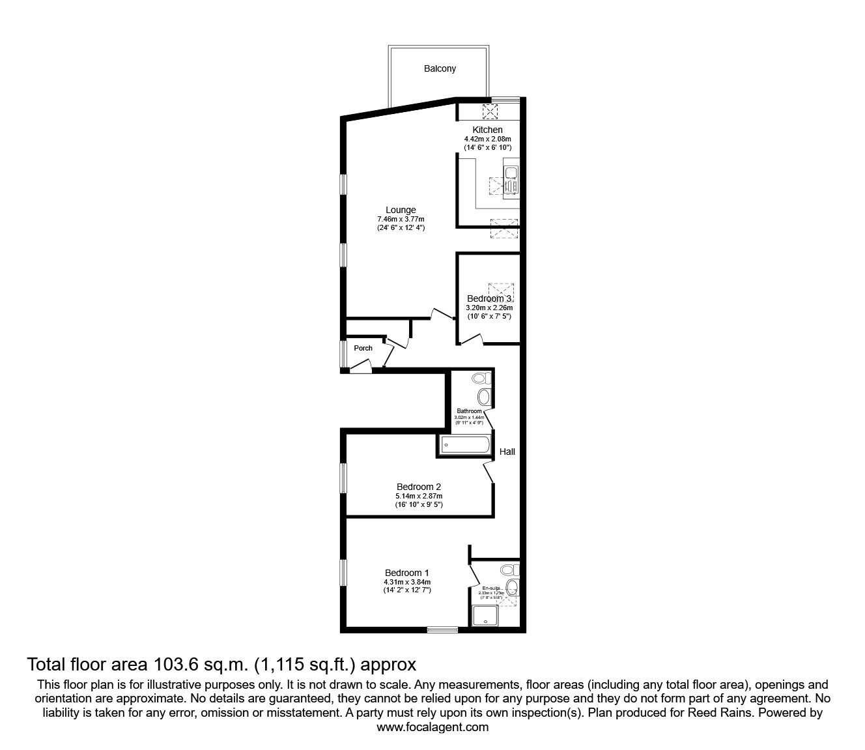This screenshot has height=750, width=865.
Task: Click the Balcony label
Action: (x=440, y=68)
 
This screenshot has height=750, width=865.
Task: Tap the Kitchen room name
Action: (x=487, y=130)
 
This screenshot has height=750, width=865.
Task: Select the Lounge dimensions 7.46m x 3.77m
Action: (x=401, y=219)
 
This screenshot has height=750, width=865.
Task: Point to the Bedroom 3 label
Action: (x=489, y=298)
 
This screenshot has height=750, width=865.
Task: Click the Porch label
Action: (x=363, y=348)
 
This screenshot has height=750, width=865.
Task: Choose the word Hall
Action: (x=507, y=452)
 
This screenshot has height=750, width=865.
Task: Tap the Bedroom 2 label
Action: (x=419, y=487)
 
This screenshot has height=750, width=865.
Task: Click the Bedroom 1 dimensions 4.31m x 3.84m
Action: (x=408, y=582)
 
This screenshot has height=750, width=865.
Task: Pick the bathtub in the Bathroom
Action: (x=465, y=445)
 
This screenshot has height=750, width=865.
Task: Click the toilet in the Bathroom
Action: (x=481, y=378)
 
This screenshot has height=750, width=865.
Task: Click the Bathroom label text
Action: (x=469, y=411)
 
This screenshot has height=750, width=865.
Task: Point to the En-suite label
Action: (x=490, y=588)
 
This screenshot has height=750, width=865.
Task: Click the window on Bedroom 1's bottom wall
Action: (x=442, y=629)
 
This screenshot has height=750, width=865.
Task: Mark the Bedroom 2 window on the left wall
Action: (x=343, y=480)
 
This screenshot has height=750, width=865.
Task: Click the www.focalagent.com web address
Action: (x=432, y=727)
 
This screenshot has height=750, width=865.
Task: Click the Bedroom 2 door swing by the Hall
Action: (x=490, y=472)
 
